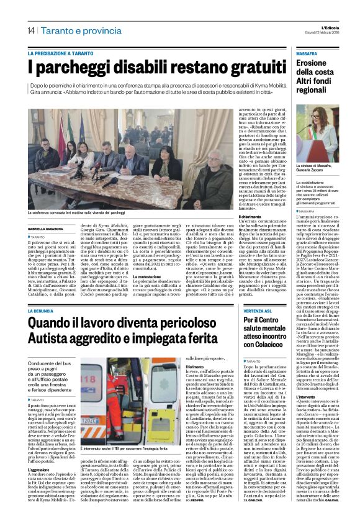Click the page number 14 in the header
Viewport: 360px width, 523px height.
click(x=30, y=31)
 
